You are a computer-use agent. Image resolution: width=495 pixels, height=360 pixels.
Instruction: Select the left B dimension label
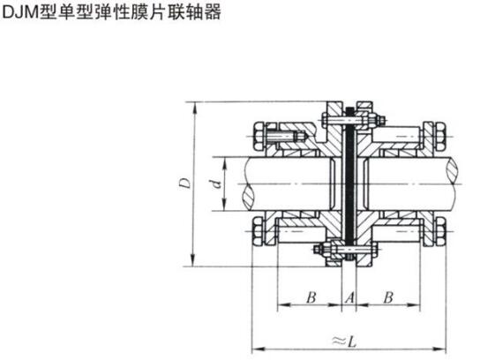(x=311, y=297)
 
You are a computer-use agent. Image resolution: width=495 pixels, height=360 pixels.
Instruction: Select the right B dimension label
(x=388, y=297)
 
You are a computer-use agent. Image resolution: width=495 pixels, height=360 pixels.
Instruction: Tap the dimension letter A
(x=349, y=297)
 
